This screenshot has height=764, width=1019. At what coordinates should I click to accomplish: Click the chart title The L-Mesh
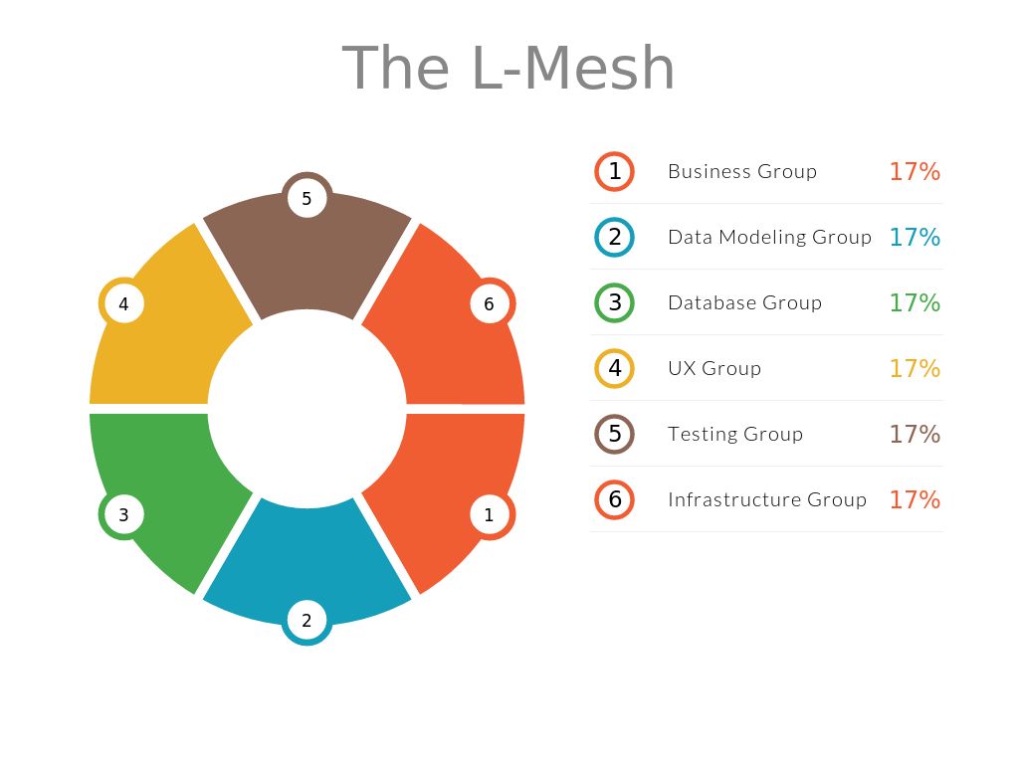pyautogui.click(x=509, y=68)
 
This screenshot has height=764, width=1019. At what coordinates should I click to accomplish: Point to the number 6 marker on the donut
pyautogui.click(x=490, y=303)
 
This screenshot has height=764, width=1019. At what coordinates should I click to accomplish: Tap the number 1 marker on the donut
pyautogui.click(x=490, y=514)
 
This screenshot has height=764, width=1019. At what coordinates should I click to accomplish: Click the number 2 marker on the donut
pyautogui.click(x=306, y=621)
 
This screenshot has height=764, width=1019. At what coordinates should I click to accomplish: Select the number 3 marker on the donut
pyautogui.click(x=123, y=514)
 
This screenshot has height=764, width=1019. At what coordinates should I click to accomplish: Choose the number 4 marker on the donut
pyautogui.click(x=123, y=303)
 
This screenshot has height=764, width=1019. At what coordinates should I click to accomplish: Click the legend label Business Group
pyautogui.click(x=742, y=171)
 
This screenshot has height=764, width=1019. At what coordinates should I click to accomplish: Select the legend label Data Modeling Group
pyautogui.click(x=769, y=237)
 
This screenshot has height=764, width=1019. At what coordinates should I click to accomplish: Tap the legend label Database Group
pyautogui.click(x=744, y=302)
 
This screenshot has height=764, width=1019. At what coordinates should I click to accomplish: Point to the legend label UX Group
pyautogui.click(x=714, y=368)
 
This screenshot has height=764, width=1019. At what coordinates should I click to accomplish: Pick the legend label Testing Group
pyautogui.click(x=735, y=434)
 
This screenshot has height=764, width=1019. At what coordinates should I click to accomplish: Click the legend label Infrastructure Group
pyautogui.click(x=767, y=499)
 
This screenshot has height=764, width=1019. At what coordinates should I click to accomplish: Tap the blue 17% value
pyautogui.click(x=915, y=237)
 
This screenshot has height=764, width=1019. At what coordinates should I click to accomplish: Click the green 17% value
pyautogui.click(x=915, y=302)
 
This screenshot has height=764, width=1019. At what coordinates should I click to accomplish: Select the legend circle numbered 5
pyautogui.click(x=614, y=434)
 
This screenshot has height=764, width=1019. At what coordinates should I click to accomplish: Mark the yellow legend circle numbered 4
pyautogui.click(x=614, y=368)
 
